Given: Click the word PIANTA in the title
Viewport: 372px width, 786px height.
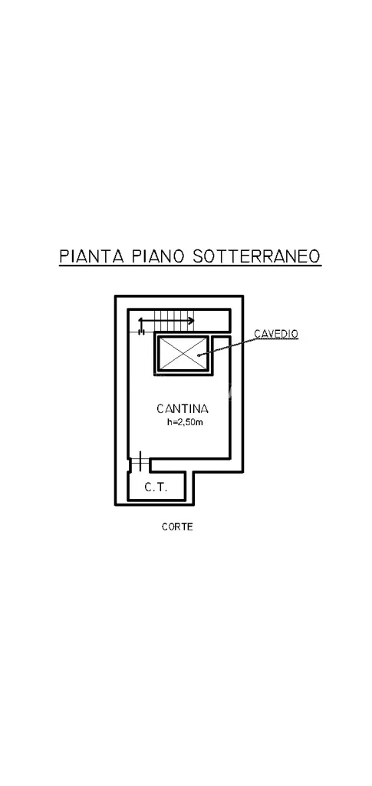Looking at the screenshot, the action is point(91,256).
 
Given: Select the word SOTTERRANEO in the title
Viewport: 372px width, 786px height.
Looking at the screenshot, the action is point(255,256).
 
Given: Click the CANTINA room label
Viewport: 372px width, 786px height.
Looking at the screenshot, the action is point(183,408).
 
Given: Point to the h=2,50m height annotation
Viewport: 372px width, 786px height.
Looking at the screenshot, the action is point(185,423).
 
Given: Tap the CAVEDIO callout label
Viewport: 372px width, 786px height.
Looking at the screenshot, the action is point(276,333).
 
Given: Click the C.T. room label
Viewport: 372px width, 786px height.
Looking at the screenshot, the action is point(156,487).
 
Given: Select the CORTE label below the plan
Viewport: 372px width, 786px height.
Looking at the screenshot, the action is point(177,527).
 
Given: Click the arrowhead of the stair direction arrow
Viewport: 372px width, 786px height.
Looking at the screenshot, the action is point(191,320).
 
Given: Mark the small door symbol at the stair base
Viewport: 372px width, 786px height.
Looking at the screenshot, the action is point(142,331).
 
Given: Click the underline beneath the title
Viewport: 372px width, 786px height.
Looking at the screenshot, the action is point(190,266).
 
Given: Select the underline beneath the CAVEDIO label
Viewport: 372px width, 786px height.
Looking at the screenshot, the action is point(276,339).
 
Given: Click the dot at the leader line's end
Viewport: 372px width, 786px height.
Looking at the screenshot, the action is point(199,355).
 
